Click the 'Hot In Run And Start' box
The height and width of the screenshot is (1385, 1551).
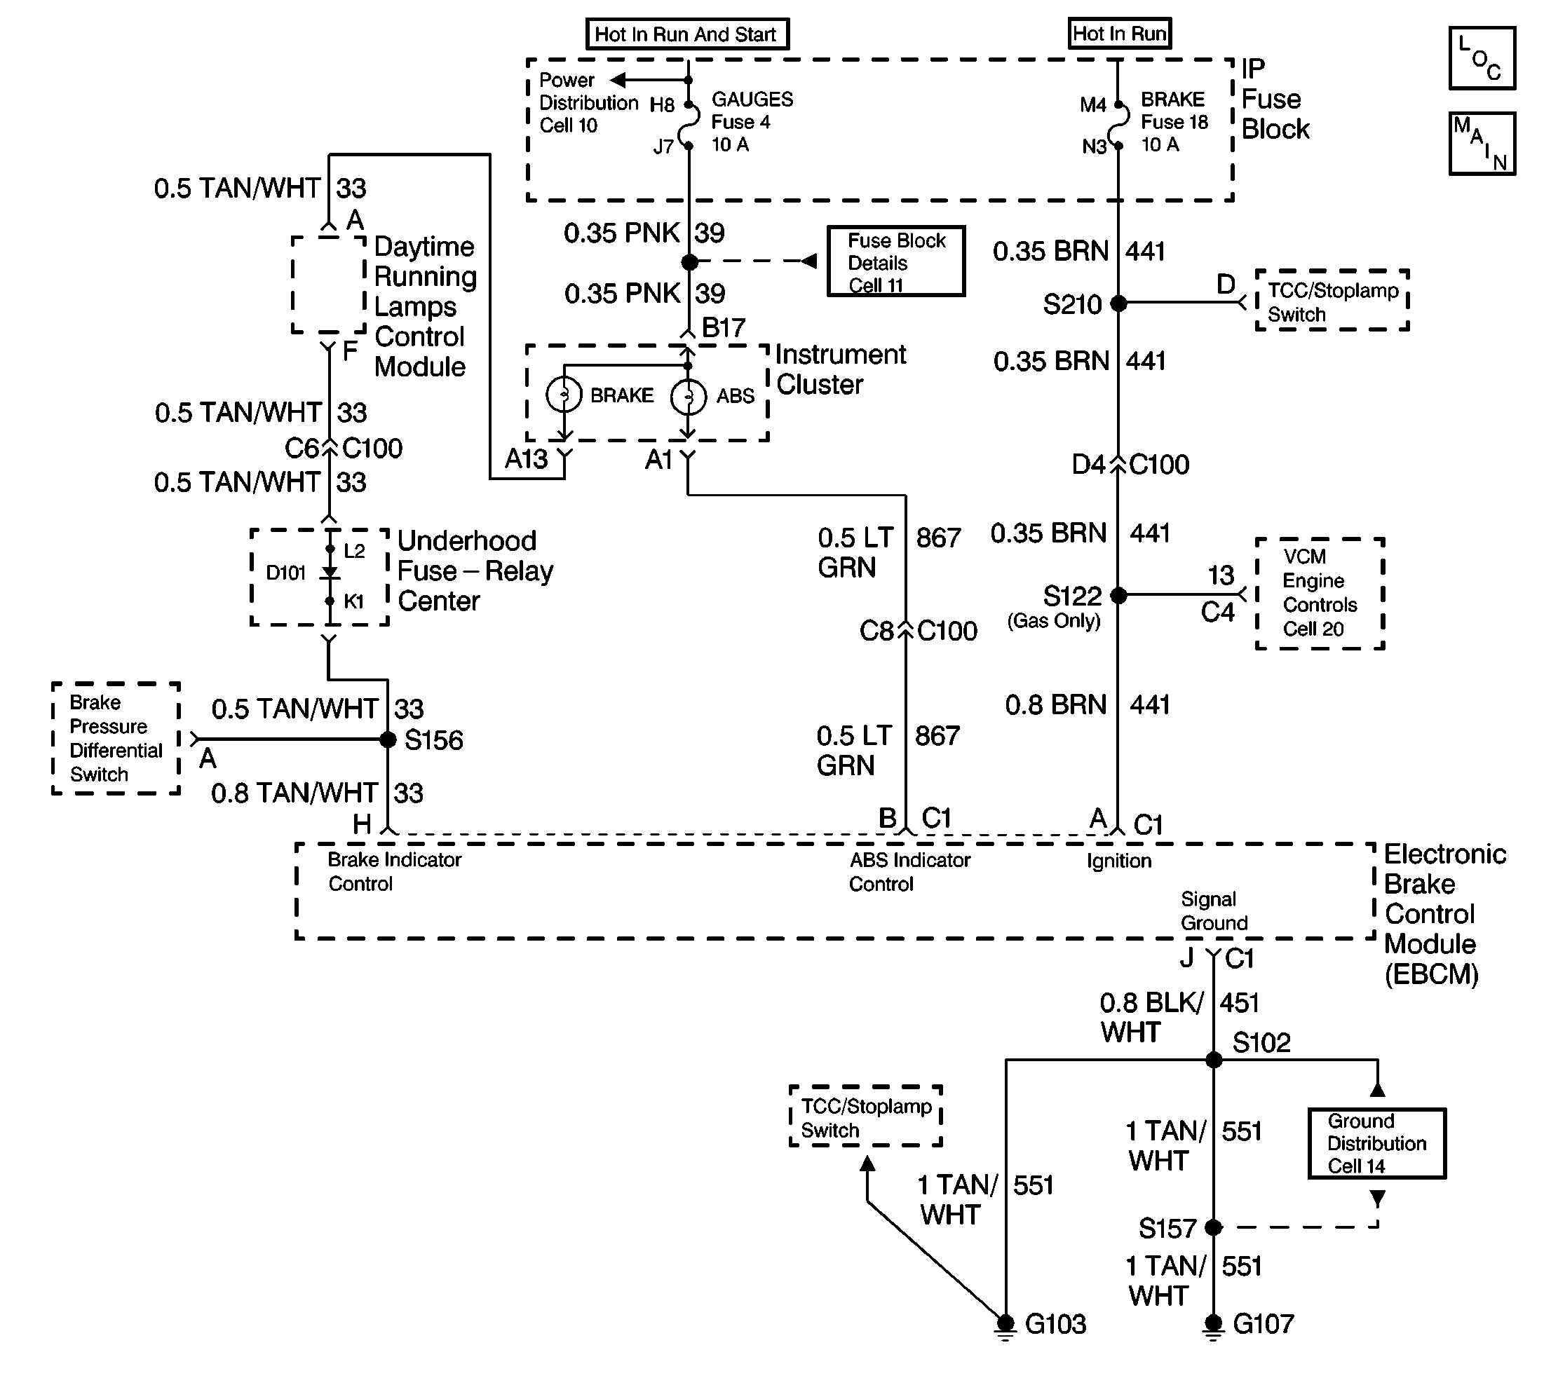(x=686, y=34)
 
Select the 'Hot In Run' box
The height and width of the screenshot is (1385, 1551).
(x=1118, y=34)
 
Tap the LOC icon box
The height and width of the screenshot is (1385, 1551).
(x=1482, y=59)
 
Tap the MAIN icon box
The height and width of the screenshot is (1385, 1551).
(x=1482, y=144)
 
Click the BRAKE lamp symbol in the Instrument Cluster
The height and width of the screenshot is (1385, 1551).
(x=564, y=394)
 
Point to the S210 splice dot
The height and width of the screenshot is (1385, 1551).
(x=1118, y=303)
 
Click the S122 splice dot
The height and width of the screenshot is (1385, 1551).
(x=1118, y=595)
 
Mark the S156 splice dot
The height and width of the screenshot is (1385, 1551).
(x=388, y=739)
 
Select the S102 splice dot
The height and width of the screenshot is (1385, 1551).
(x=1214, y=1060)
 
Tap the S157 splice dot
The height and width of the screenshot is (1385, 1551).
(x=1214, y=1227)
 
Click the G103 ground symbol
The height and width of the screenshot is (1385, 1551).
(x=1005, y=1325)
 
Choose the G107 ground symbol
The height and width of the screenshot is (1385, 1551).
(x=1214, y=1325)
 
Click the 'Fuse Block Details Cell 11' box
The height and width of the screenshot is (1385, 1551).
(x=896, y=261)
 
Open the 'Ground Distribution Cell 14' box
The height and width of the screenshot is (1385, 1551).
(x=1376, y=1144)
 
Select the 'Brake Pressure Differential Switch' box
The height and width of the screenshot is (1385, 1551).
(x=116, y=738)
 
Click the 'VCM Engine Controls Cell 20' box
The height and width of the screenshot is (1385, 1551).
(x=1320, y=594)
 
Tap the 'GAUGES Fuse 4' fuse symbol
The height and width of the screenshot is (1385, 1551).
(x=689, y=123)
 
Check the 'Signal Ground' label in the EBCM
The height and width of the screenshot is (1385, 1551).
(x=1214, y=911)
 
